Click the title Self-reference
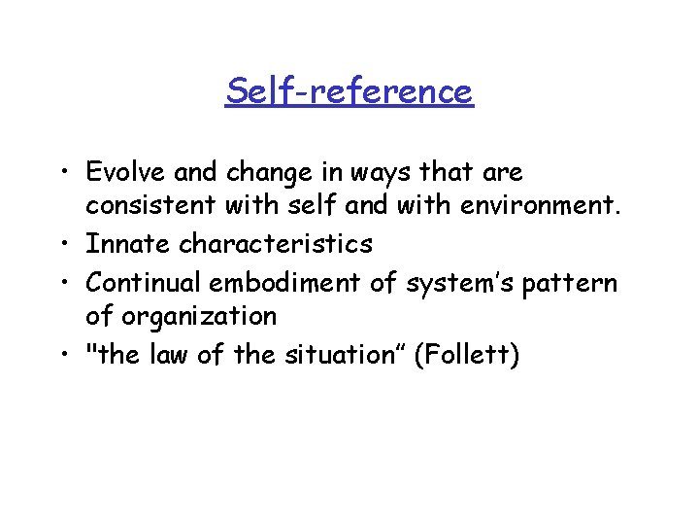click(x=349, y=91)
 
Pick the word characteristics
click(x=277, y=244)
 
